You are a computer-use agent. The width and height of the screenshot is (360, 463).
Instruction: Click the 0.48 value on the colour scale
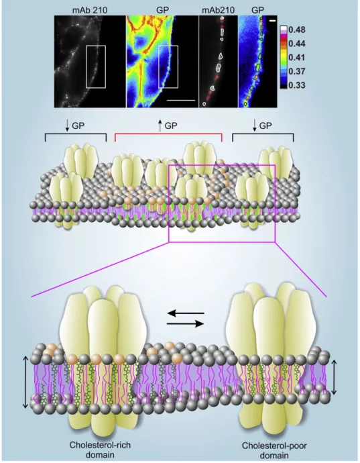297,30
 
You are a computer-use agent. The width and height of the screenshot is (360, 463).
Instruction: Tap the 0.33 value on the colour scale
297,85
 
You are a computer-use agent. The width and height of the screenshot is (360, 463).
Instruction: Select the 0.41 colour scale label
297,57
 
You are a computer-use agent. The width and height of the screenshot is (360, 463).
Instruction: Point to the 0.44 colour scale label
297,44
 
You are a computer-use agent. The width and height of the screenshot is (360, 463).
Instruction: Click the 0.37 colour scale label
297,71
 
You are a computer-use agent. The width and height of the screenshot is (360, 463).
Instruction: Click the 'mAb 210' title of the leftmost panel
90,10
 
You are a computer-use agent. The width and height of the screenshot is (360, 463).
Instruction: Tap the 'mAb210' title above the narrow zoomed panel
219,10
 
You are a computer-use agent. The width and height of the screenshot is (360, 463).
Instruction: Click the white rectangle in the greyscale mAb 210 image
96,66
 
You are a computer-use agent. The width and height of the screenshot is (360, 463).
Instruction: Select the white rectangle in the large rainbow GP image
168,66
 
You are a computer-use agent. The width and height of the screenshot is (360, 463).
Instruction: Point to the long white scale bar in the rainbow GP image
181,101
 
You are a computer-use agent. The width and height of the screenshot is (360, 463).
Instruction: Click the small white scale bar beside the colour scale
272,21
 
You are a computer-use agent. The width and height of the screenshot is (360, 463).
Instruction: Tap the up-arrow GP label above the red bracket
167,125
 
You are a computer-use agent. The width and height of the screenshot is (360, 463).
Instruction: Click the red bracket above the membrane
168,134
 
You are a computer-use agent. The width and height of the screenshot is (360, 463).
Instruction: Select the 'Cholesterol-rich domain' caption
100,450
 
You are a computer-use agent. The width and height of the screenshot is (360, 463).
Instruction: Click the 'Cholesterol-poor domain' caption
274,450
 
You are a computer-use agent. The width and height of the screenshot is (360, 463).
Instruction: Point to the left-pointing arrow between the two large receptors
186,313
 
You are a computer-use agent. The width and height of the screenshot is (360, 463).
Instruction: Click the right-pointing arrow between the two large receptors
186,324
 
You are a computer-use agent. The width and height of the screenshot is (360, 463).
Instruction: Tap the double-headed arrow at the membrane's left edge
25,382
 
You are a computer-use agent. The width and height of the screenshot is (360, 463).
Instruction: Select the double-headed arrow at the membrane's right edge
334,377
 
